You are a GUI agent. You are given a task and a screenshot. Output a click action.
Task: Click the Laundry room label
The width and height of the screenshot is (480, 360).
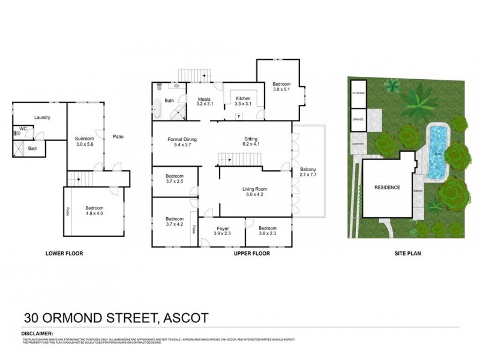point(42,118)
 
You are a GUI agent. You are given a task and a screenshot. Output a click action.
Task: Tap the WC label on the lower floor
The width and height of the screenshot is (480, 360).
point(23,128)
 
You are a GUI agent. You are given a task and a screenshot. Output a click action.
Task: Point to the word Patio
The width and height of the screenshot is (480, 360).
point(118,137)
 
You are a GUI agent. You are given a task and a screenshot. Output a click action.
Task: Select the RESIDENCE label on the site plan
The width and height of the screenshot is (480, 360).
point(387,187)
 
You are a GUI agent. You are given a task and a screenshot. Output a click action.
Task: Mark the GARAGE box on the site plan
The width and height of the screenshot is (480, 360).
point(359,119)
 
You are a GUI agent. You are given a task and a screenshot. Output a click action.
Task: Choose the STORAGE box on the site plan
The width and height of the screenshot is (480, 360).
point(359,94)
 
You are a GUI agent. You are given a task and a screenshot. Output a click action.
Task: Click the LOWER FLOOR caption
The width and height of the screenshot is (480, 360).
point(64,254)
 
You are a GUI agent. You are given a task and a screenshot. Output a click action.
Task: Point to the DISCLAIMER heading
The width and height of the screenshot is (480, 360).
point(37,332)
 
